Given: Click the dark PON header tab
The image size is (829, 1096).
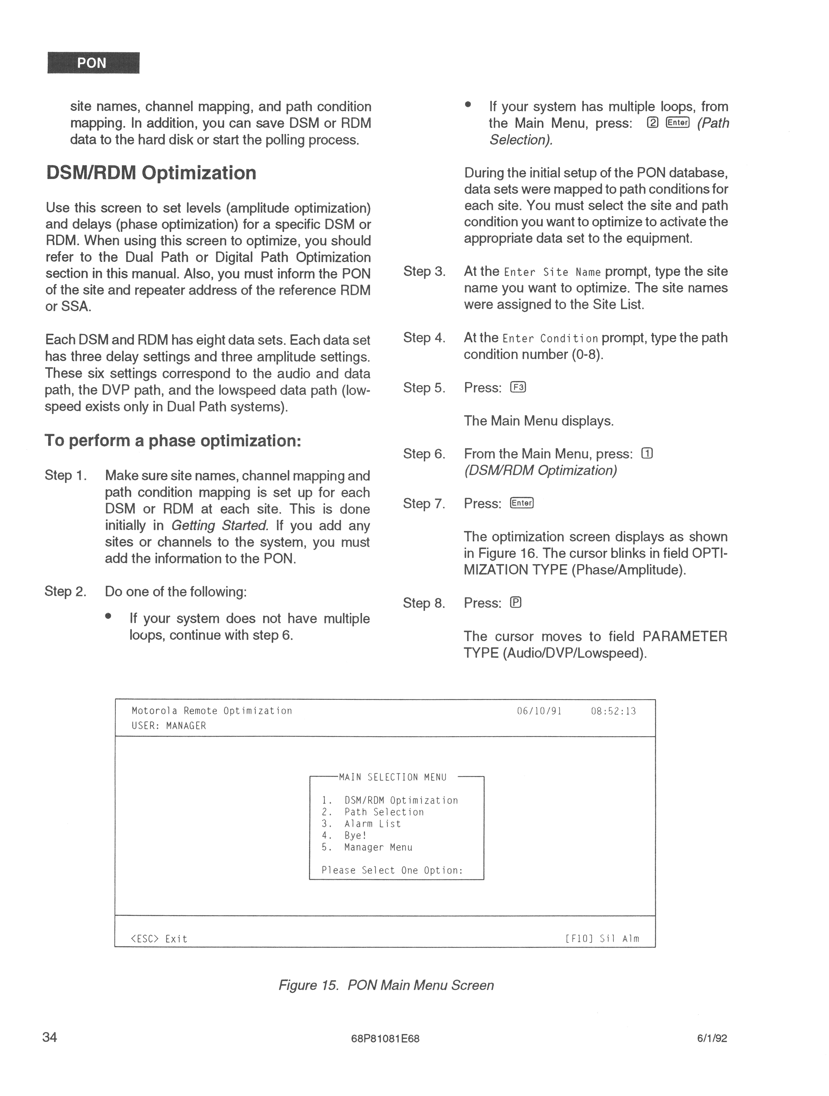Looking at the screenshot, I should (x=93, y=63).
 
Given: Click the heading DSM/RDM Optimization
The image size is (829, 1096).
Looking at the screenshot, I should (x=151, y=173).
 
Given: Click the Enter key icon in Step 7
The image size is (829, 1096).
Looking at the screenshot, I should (x=522, y=503).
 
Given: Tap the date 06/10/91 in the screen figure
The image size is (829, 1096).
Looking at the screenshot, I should (x=539, y=711).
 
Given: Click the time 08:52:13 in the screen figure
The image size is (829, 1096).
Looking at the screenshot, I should (x=613, y=711).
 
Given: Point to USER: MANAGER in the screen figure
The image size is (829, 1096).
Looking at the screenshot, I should (x=169, y=726).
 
